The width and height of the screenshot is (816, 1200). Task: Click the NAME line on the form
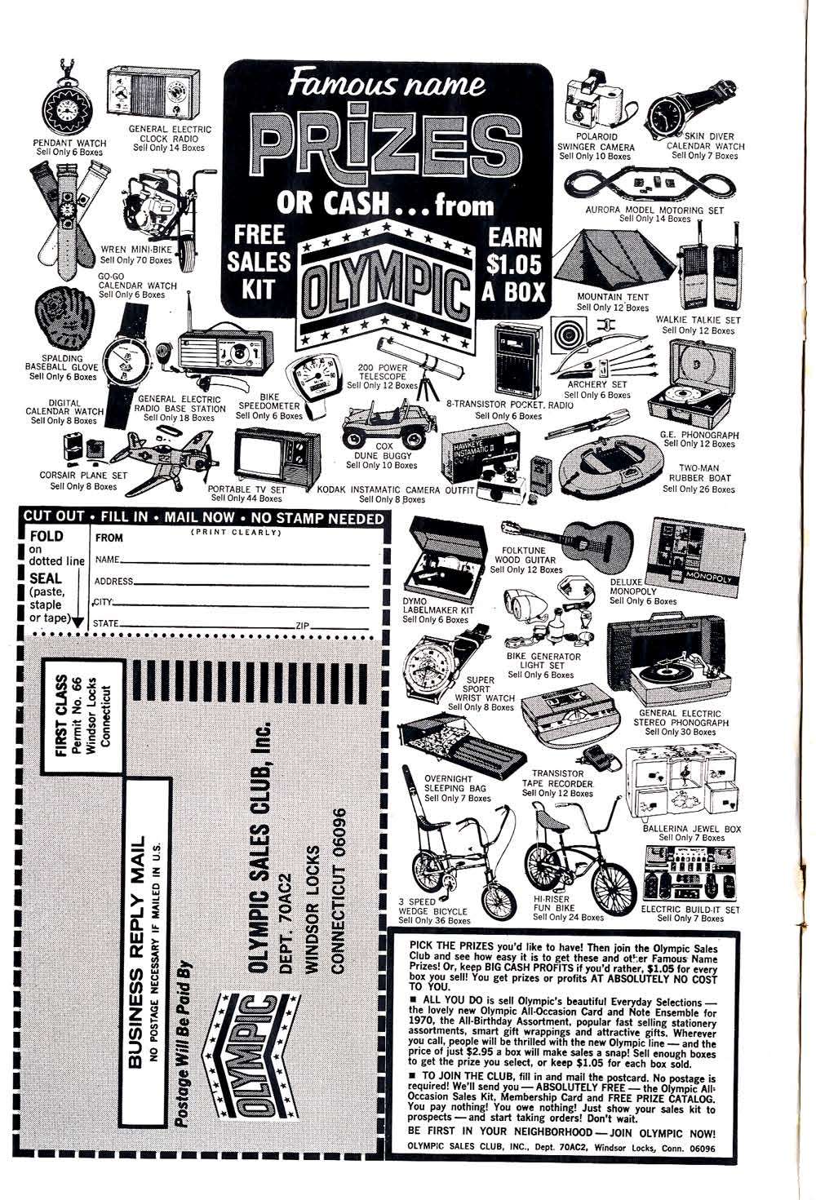(x=237, y=561)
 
